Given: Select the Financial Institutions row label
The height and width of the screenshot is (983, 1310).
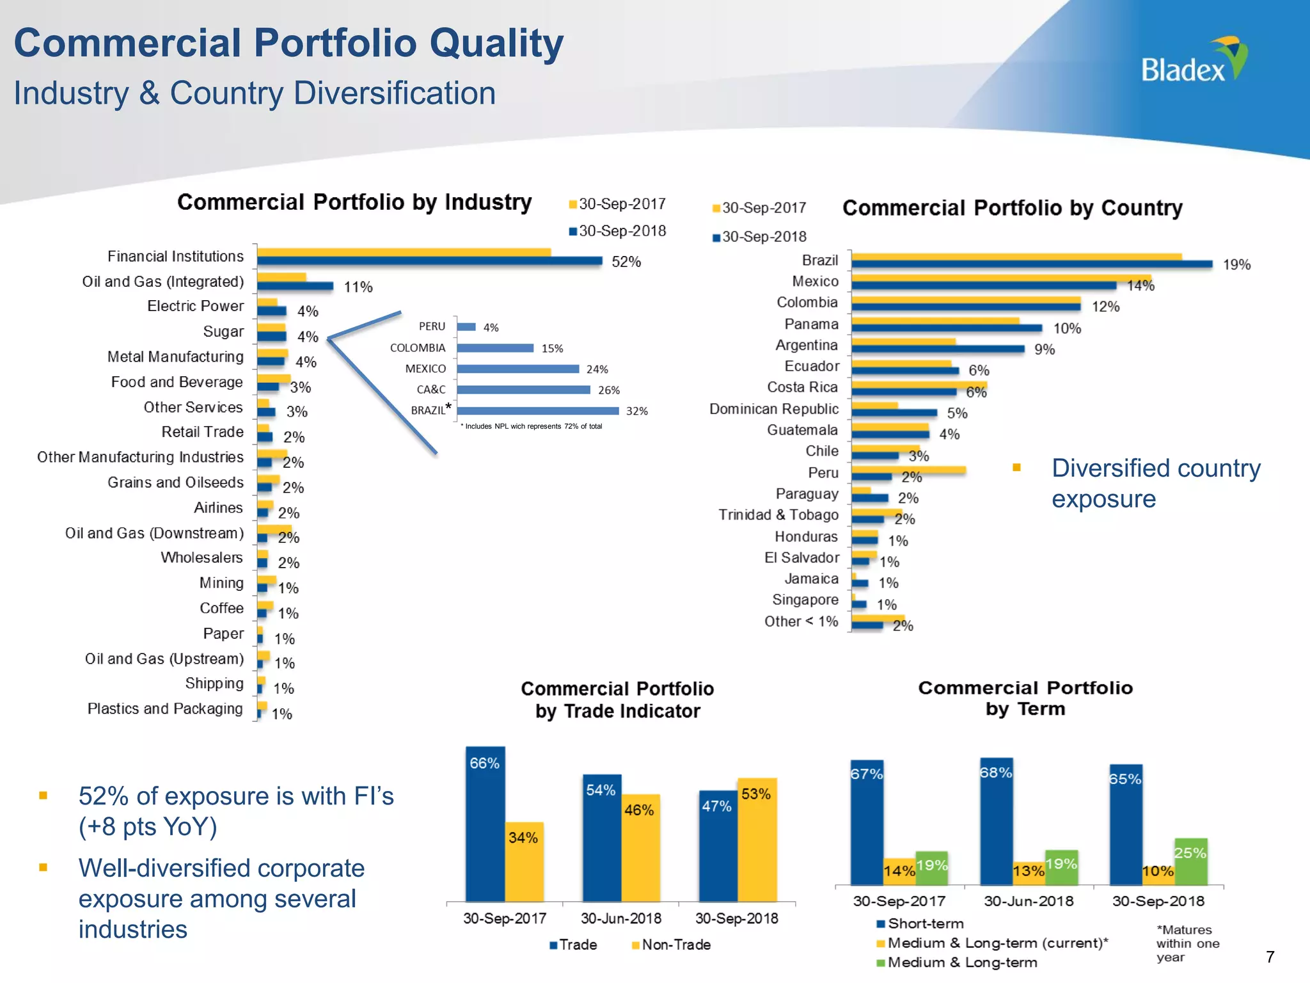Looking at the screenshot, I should tap(175, 257).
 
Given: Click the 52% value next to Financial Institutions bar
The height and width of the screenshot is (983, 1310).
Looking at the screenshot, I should tap(626, 262).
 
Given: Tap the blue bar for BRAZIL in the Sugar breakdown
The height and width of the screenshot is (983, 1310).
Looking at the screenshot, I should tap(537, 411).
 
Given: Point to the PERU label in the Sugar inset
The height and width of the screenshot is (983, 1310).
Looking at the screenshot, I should tap(432, 326).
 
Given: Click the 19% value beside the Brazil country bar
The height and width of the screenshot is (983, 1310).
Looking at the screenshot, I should tap(1236, 265).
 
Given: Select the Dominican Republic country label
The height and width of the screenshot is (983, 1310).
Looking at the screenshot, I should tap(773, 409).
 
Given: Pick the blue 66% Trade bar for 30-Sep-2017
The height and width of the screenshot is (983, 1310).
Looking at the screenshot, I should tap(485, 826).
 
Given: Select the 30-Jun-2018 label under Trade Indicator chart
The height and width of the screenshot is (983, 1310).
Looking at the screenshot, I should tap(620, 918).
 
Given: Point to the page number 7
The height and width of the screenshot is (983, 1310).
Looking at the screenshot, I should tap(1270, 957).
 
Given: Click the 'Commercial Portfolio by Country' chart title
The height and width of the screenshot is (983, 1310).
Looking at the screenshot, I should tap(1012, 208).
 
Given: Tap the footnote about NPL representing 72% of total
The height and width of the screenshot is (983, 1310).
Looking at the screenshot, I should tap(532, 426).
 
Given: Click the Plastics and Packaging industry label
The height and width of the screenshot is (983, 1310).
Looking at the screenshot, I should tap(165, 709).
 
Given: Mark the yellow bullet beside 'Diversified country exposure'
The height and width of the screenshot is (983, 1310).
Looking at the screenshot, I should tap(1016, 468).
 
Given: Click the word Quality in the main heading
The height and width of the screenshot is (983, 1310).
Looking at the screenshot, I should tap(496, 43).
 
